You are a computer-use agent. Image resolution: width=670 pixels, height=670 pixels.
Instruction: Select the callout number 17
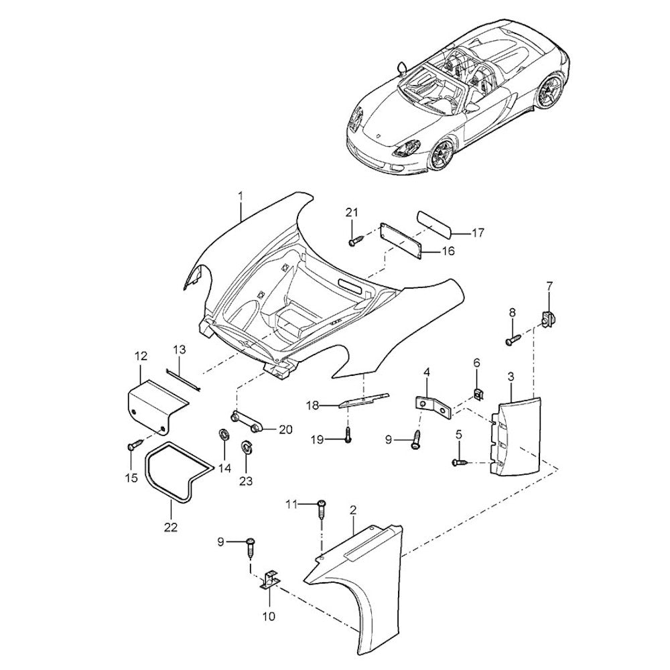(x=478, y=233)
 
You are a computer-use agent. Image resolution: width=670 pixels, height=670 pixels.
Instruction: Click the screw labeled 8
(x=513, y=341)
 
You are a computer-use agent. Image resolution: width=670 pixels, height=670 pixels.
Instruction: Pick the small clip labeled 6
(x=478, y=393)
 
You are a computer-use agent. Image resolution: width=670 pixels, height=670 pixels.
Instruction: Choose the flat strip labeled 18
(x=364, y=400)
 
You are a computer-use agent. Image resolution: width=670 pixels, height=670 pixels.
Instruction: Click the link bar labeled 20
(x=247, y=421)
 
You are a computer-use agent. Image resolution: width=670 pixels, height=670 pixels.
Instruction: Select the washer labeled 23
(x=247, y=446)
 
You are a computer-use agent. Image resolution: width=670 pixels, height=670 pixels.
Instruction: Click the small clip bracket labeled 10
(x=270, y=581)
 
